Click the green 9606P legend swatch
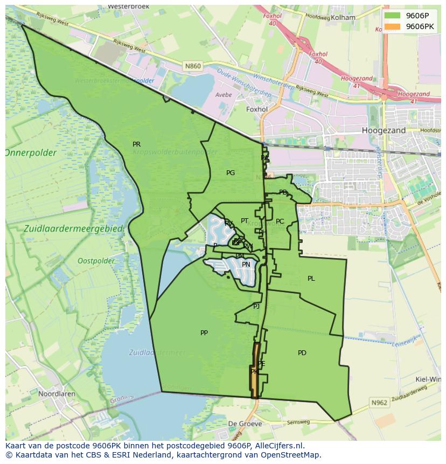click(x=393, y=16)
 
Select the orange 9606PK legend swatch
click(x=393, y=26)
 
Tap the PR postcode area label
click(x=137, y=144)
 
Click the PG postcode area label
click(x=231, y=173)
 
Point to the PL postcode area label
click(x=311, y=279)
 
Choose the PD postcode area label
click(x=302, y=353)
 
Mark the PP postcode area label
click(x=204, y=333)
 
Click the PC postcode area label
click(x=280, y=221)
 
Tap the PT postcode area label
click(x=245, y=221)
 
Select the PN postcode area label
click(x=246, y=265)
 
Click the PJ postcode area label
click(x=256, y=307)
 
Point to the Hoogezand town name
click(x=384, y=130)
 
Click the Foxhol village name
click(x=256, y=109)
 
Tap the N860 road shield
click(x=192, y=66)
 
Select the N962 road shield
click(x=379, y=403)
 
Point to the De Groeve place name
click(x=245, y=424)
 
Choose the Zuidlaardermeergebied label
click(x=74, y=229)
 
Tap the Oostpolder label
click(x=96, y=261)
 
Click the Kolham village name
click(x=344, y=17)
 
